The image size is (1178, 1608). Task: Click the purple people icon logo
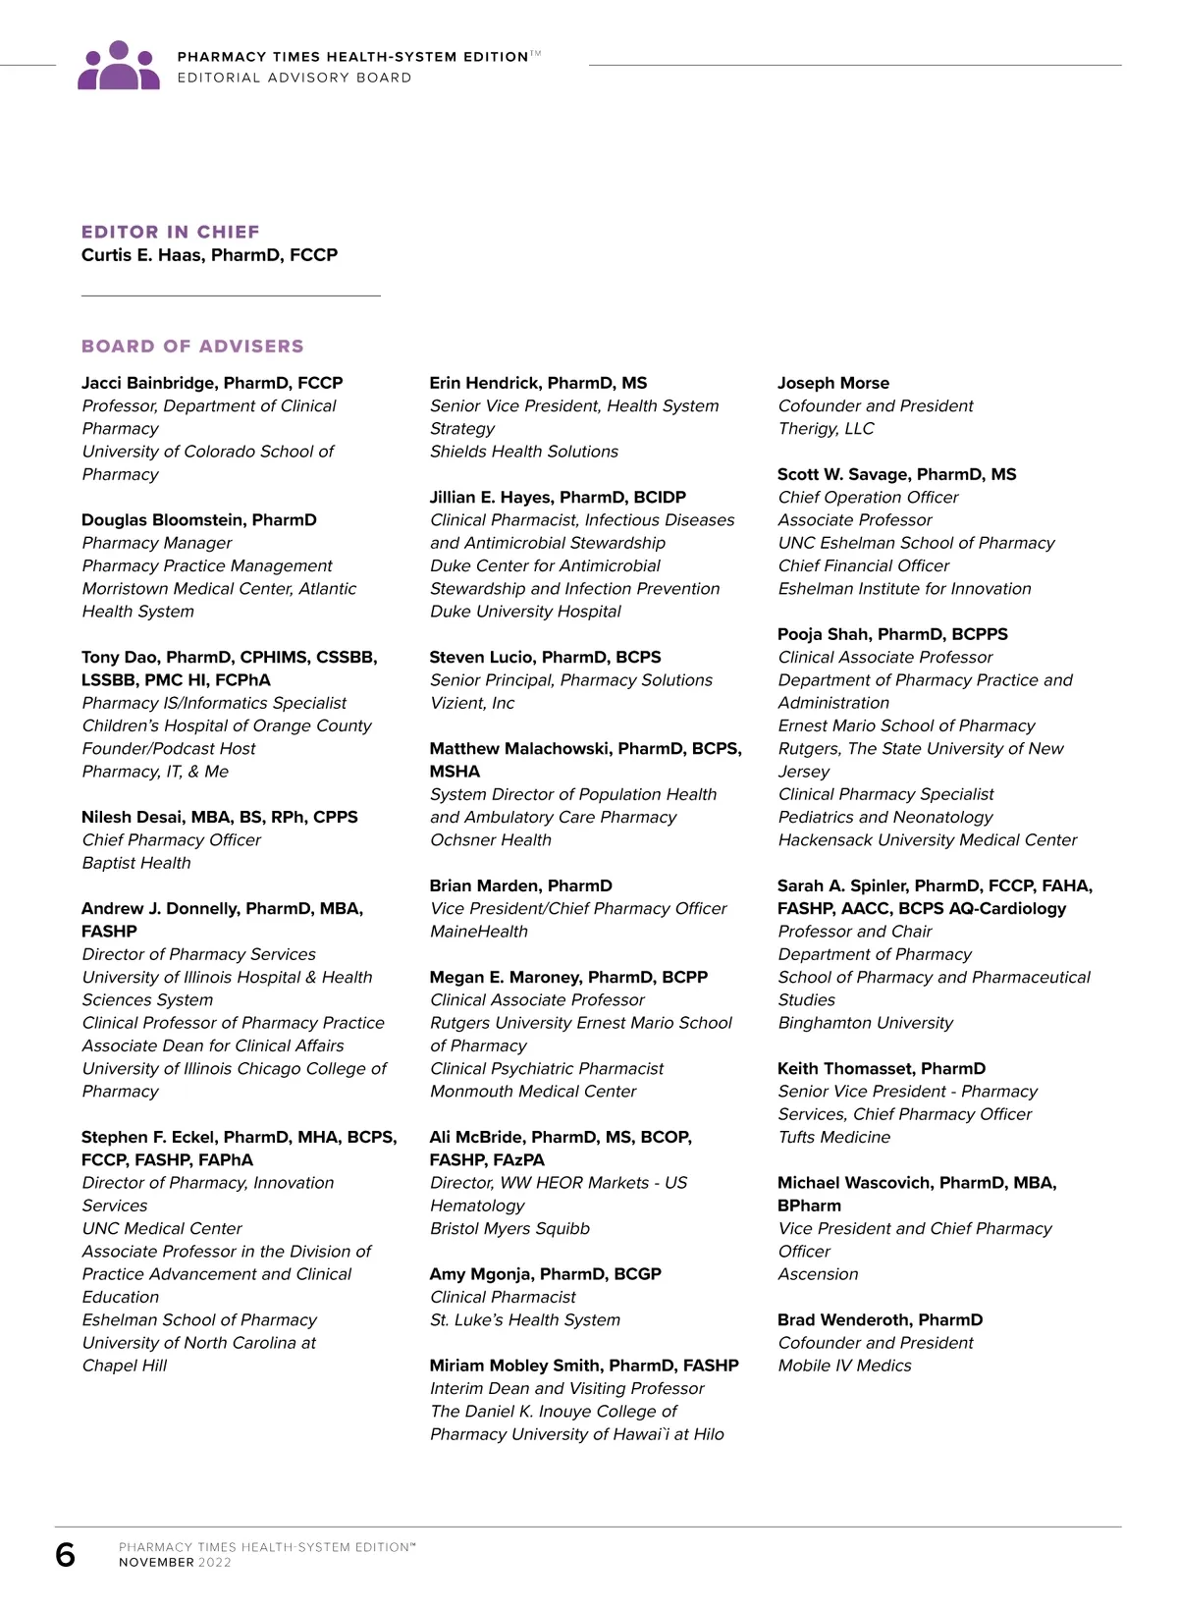119,66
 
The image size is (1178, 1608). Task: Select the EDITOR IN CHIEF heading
171,232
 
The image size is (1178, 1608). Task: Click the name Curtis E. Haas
209,255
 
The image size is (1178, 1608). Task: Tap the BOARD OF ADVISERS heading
192,347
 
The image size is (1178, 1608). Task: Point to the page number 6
66,1555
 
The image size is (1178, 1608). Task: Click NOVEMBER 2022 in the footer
175,1563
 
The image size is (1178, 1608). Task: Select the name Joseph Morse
833,383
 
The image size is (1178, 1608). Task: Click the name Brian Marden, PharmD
520,885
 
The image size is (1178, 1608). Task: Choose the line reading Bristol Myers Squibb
509,1229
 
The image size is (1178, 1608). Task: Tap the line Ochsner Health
491,840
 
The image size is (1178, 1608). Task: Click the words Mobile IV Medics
844,1366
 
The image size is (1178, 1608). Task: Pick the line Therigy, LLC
826,429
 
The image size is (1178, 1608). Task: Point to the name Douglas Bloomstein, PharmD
199,520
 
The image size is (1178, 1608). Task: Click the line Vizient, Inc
472,703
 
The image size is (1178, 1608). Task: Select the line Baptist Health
136,863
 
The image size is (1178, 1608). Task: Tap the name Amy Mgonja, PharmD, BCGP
545,1274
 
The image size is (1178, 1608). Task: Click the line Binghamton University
865,1023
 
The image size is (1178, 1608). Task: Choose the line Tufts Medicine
833,1137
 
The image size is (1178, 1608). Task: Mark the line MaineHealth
479,932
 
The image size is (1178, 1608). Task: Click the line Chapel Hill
125,1366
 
